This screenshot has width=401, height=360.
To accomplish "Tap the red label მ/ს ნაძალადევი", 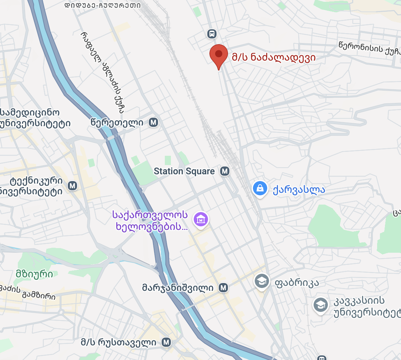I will pyautogui.click(x=274, y=57).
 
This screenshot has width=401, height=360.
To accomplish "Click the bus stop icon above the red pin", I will pyautogui.click(x=212, y=34).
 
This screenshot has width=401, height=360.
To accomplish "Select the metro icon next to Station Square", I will pyautogui.click(x=224, y=171).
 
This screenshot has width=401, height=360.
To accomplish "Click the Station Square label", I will pyautogui.click(x=184, y=171).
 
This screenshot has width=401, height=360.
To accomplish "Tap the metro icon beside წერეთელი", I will pyautogui.click(x=154, y=123).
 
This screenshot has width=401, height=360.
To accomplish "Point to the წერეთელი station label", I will pyautogui.click(x=117, y=123).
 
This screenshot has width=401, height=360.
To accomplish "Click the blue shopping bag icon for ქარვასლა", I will pyautogui.click(x=260, y=188).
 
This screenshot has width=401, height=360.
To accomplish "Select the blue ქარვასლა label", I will pyautogui.click(x=299, y=189).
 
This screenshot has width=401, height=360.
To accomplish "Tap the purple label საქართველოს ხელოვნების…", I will pyautogui.click(x=150, y=220).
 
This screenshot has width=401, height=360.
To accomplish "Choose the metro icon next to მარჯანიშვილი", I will pyautogui.click(x=224, y=288).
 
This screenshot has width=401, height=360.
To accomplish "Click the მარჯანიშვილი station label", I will pyautogui.click(x=178, y=288).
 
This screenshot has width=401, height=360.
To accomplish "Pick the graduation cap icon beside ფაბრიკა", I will pyautogui.click(x=262, y=282).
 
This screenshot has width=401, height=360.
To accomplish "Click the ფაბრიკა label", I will pyautogui.click(x=296, y=283).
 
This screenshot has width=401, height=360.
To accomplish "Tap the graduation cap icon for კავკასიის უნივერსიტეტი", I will pyautogui.click(x=320, y=305).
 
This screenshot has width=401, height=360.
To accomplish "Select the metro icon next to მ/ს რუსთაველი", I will pyautogui.click(x=166, y=343).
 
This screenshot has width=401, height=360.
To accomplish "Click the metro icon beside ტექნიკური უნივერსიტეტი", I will pyautogui.click(x=73, y=186).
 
